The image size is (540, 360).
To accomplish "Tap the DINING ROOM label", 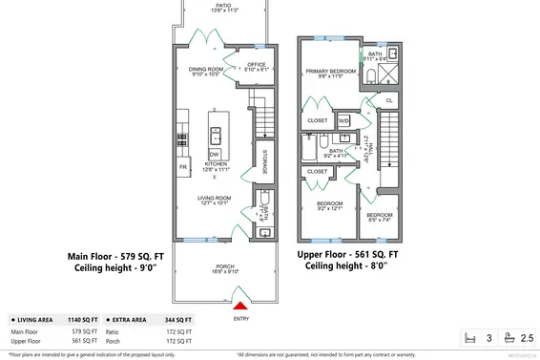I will click(x=205, y=71).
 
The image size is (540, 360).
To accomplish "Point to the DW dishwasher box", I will click(x=216, y=154).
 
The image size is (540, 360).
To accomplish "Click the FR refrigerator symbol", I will click(x=182, y=167).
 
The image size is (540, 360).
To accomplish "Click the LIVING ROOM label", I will click(x=216, y=200).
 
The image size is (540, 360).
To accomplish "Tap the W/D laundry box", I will click(x=343, y=121).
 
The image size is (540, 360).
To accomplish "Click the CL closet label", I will click(x=388, y=100).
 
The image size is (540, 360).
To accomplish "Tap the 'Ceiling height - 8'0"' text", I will click(x=347, y=267).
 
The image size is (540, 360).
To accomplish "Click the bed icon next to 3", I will click(x=467, y=338).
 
